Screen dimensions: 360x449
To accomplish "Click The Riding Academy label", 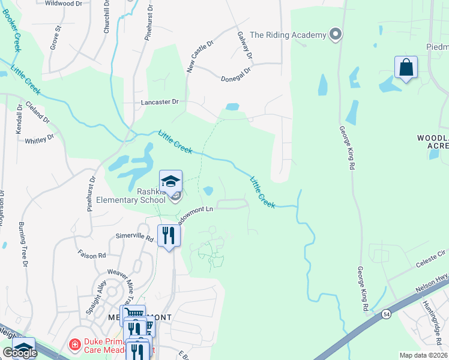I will (288, 35).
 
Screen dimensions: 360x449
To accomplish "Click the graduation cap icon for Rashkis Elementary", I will (170, 181).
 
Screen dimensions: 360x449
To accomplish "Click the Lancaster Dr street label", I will (160, 102).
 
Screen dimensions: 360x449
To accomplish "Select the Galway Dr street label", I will (245, 46).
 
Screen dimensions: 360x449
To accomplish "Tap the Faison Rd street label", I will (91, 254).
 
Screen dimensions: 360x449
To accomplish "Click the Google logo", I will (20, 353).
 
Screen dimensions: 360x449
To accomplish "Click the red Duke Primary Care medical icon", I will (74, 345).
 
